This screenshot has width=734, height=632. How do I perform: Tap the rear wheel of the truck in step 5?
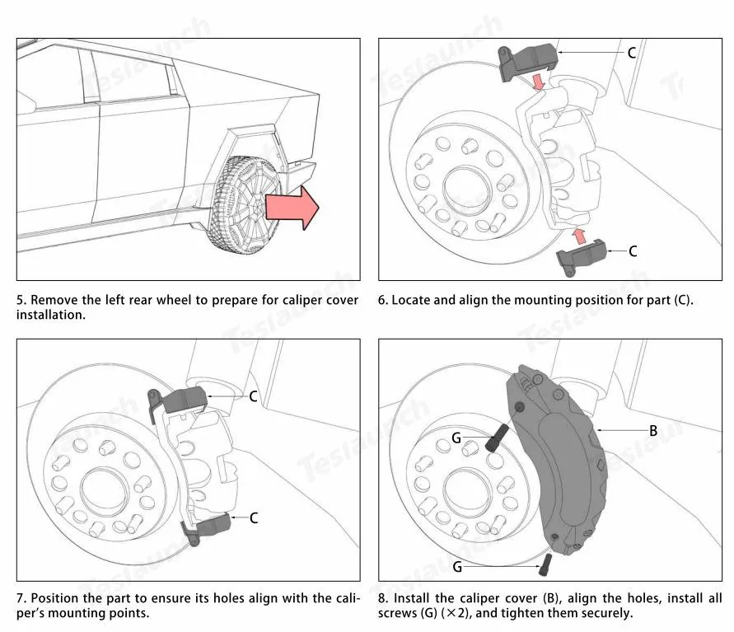pyautogui.click(x=245, y=205)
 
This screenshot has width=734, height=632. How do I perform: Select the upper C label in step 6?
pyautogui.click(x=632, y=53)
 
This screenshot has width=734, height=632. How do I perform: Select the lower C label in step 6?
pyautogui.click(x=633, y=251)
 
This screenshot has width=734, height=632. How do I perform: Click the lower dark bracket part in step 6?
pyautogui.click(x=582, y=256)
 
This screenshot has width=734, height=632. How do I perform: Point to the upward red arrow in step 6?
pyautogui.click(x=580, y=236)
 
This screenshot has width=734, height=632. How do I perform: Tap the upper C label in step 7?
pyautogui.click(x=253, y=396)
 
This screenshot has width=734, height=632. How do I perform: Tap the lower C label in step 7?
pyautogui.click(x=254, y=517)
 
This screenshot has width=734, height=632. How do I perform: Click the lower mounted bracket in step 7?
pyautogui.click(x=207, y=527)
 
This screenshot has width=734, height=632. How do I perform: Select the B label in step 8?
pyautogui.click(x=653, y=431)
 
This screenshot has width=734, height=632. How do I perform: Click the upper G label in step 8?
pyautogui.click(x=456, y=438)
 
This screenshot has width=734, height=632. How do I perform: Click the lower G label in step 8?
pyautogui.click(x=457, y=567)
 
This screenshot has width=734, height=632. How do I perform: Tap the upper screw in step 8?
pyautogui.click(x=497, y=438)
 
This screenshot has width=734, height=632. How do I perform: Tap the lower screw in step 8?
pyautogui.click(x=546, y=565)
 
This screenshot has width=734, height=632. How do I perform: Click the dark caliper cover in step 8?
pyautogui.click(x=558, y=460)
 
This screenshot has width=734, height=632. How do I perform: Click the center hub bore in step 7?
pyautogui.click(x=104, y=490)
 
